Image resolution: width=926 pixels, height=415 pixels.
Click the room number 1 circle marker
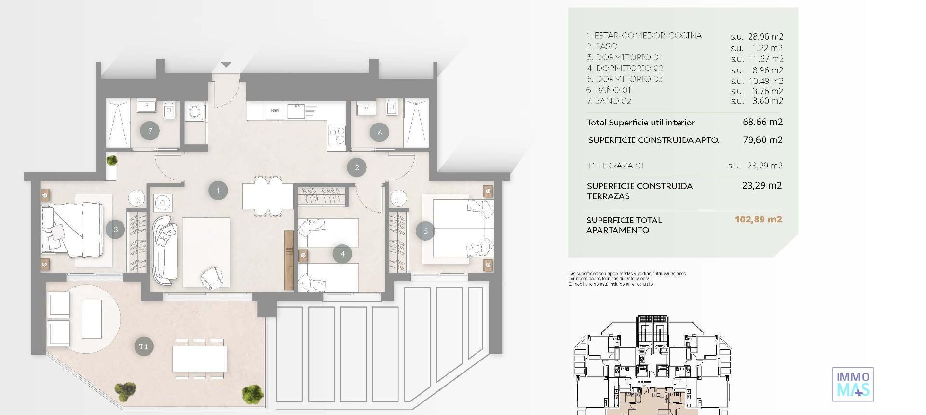click(x=218, y=191)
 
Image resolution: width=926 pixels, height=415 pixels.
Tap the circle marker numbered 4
click(x=342, y=254)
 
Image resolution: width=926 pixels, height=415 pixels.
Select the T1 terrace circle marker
click(x=143, y=346)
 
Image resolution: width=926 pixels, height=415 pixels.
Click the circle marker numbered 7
click(x=150, y=131)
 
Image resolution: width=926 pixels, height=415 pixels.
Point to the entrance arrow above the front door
click(x=226, y=65)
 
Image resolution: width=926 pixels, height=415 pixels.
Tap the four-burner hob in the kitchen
click(x=337, y=135)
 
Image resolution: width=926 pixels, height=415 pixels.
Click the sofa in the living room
click(x=164, y=251)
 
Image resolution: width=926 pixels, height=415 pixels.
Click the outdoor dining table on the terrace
click(x=200, y=359)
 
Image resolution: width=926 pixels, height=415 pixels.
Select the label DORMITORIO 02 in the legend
click(x=629, y=68)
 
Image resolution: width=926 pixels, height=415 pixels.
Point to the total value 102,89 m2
click(x=758, y=219)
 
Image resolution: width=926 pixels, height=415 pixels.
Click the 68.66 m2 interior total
click(x=763, y=122)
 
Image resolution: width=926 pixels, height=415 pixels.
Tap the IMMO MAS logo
click(x=853, y=384)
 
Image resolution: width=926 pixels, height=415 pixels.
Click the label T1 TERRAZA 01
click(x=615, y=166)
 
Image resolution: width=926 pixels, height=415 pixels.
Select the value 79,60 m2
click(x=763, y=140)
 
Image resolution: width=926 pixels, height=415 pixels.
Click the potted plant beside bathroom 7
click(x=111, y=160)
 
